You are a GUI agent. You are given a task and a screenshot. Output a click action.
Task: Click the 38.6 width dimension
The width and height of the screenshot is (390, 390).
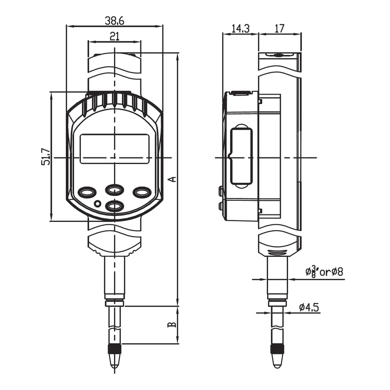(115, 21)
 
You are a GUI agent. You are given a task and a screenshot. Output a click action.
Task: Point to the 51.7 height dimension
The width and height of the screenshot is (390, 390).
(46, 156)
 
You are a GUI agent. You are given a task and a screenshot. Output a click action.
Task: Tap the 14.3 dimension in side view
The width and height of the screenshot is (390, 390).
(240, 29)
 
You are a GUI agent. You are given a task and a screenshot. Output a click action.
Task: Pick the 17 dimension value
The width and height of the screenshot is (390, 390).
(279, 28)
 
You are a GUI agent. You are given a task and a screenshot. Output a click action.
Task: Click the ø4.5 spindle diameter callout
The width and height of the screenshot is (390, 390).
(309, 307)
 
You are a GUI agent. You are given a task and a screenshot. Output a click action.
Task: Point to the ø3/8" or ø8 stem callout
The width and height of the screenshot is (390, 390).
(324, 272)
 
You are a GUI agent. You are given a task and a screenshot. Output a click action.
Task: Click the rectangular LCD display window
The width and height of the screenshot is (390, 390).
(115, 149)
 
